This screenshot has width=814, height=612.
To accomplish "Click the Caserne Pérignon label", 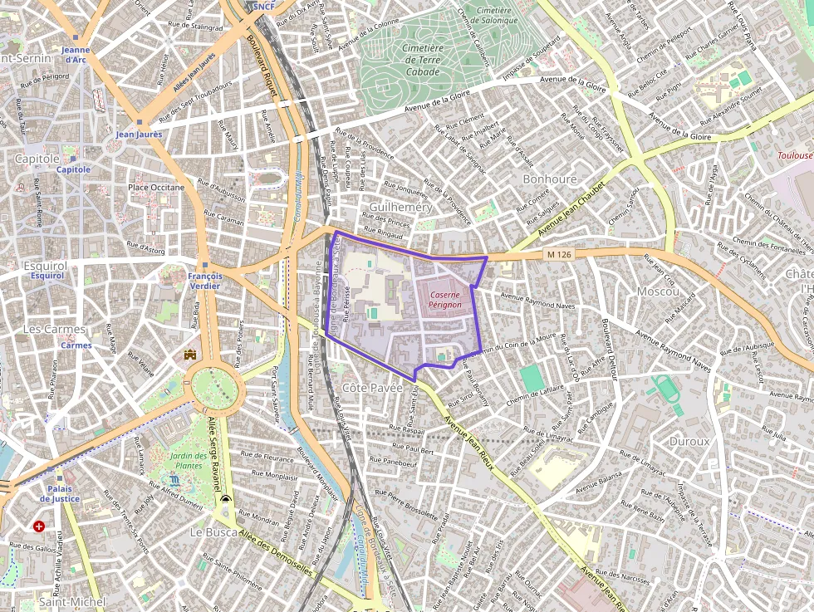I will click(445, 300).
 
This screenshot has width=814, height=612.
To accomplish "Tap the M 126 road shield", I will click(559, 255).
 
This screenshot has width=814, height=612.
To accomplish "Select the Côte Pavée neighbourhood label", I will click(372, 388).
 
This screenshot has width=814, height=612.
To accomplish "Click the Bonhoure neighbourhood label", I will click(550, 179).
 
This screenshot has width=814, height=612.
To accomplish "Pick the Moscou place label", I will click(658, 291).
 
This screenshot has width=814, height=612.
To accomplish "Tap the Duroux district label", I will click(689, 441).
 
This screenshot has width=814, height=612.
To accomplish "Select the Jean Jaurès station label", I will click(139, 134).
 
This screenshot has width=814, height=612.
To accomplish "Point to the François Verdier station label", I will click(204, 281).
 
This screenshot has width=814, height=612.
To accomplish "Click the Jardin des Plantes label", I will click(187, 461).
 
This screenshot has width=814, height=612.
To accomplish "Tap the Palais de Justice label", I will click(64, 494).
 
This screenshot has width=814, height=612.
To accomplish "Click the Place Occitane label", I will click(156, 188).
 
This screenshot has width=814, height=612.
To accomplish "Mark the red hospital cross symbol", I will click(39, 526).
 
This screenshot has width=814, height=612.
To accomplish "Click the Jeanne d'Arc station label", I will click(75, 55).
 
